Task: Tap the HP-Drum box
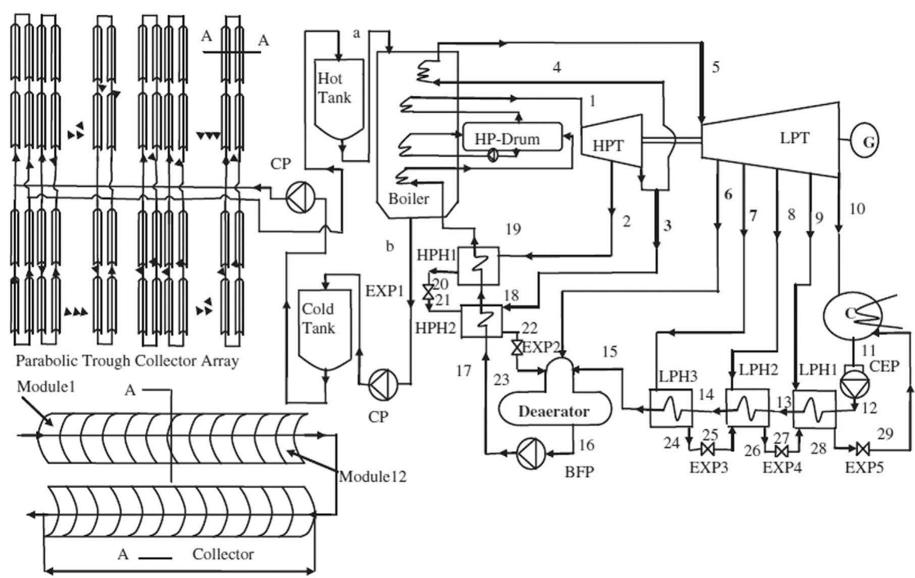tap(512, 137)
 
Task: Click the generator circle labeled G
tap(864, 142)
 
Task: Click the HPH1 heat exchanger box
tap(478, 265)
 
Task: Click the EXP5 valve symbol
tap(862, 447)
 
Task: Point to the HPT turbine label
tap(607, 145)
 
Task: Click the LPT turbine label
tap(794, 137)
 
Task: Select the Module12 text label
tap(372, 476)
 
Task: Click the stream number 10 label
tap(856, 208)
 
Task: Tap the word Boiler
tap(409, 198)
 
